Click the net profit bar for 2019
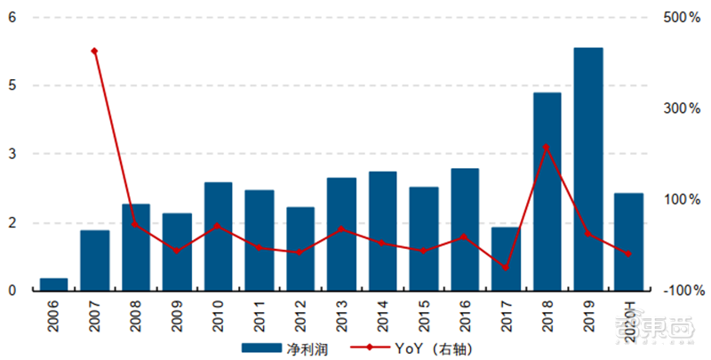[x=588, y=169]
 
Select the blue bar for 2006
[x=53, y=284]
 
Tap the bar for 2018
[x=547, y=191]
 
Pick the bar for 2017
[x=506, y=258]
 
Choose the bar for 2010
[x=218, y=236]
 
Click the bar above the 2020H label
[x=628, y=241]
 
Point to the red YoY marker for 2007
[x=94, y=52]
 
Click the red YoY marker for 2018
[x=546, y=147]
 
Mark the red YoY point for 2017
[x=506, y=268]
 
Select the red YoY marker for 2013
[x=341, y=229]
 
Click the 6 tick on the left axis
[x=12, y=17]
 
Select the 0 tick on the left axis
[x=12, y=290]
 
